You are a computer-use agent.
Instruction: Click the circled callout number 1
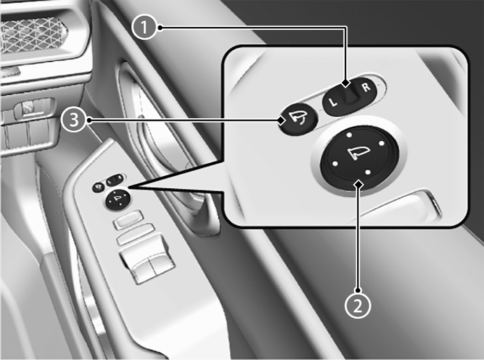[x=144, y=28]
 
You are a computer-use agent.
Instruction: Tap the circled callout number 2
[x=357, y=306]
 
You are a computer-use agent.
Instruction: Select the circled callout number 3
[x=74, y=120]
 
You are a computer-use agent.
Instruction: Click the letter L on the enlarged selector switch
[x=333, y=102]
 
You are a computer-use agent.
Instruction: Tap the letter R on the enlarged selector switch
[x=366, y=87]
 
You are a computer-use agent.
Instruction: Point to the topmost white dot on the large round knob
[x=349, y=135]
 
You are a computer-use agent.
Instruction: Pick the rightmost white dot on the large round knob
[x=381, y=143]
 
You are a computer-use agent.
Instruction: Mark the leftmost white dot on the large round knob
[x=335, y=164]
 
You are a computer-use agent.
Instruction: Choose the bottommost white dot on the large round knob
[x=368, y=172]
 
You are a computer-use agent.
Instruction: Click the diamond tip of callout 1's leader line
[x=346, y=83]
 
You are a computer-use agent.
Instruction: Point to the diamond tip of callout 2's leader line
[x=358, y=184]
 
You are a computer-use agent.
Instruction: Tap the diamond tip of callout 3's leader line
[x=281, y=120]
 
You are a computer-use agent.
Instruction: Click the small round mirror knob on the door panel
[x=118, y=199]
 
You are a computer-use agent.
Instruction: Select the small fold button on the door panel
[x=98, y=187]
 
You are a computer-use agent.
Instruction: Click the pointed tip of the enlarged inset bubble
[x=129, y=187]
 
